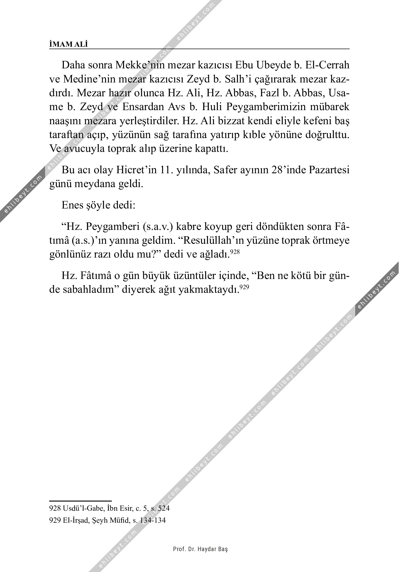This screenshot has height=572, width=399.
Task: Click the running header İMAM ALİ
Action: (69, 44)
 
